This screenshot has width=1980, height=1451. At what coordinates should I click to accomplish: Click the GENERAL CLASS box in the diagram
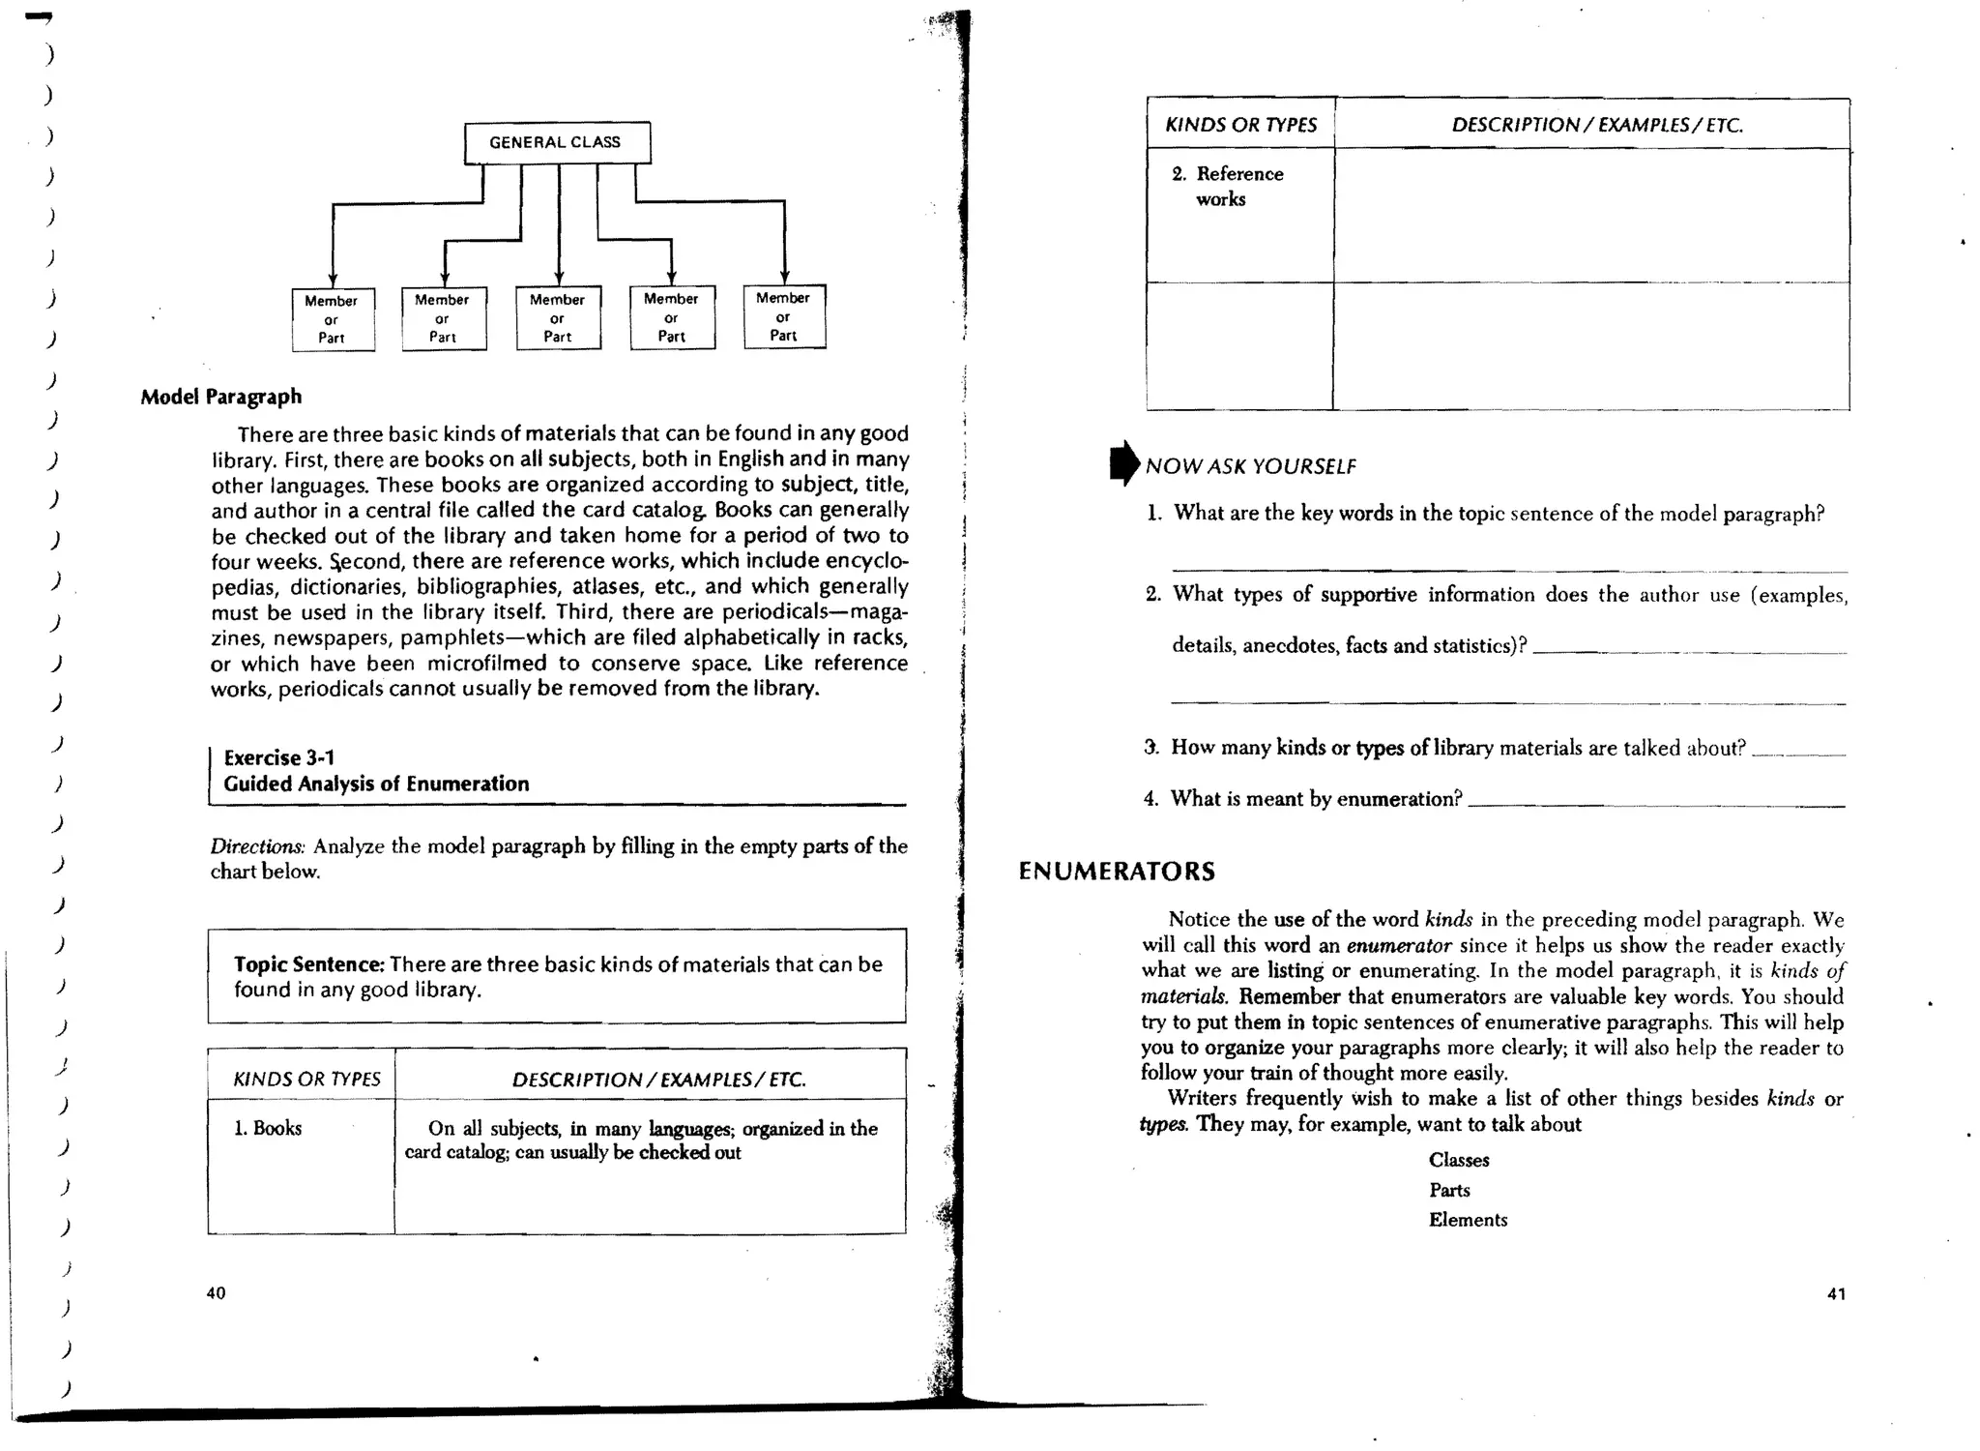tap(557, 142)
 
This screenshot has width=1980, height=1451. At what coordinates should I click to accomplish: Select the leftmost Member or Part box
tap(333, 319)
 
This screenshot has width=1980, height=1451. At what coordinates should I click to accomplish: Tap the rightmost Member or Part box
tap(784, 316)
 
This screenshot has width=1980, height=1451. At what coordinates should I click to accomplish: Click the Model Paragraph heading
tap(220, 397)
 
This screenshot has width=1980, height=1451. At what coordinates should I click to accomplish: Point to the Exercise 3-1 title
tap(278, 757)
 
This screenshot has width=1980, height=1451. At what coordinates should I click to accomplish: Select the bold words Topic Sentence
tap(308, 964)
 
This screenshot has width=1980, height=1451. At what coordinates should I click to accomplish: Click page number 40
tap(216, 1293)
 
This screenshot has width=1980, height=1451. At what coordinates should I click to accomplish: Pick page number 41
tap(1836, 1294)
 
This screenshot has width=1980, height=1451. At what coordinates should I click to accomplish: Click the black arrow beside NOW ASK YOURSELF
tap(1124, 463)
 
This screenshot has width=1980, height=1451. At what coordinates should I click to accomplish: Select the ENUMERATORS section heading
tap(1117, 872)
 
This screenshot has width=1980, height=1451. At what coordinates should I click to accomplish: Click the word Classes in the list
tap(1458, 1160)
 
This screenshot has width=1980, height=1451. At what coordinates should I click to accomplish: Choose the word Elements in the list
tap(1468, 1220)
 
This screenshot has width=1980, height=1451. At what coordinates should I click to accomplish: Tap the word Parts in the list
tap(1449, 1190)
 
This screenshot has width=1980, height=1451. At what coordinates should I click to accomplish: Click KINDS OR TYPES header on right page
tap(1240, 125)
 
